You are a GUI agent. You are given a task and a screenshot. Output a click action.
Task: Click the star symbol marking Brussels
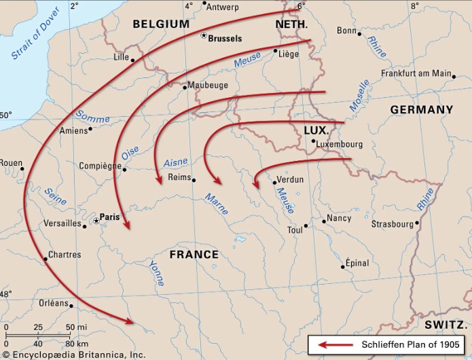click(x=203, y=36)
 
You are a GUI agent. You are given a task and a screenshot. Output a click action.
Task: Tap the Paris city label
click(x=110, y=217)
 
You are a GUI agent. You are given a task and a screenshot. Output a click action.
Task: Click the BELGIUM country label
click(x=161, y=24)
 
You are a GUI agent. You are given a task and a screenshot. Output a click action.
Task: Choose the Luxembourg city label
click(x=340, y=144)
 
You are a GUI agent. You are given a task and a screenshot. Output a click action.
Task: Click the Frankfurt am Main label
click(x=416, y=73)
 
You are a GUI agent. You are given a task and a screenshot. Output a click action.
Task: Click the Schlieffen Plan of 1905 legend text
click(x=406, y=345)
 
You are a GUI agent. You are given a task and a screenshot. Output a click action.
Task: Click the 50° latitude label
click(x=5, y=115)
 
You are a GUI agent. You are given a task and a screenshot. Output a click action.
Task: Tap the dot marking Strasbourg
click(x=417, y=223)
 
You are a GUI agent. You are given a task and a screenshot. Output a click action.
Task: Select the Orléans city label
click(x=53, y=304)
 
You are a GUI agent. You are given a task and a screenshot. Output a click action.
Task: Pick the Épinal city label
click(x=358, y=262)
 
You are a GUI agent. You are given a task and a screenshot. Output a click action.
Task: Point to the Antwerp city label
click(x=223, y=7)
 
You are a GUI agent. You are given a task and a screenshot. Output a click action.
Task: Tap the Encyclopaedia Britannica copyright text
click(x=73, y=355)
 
